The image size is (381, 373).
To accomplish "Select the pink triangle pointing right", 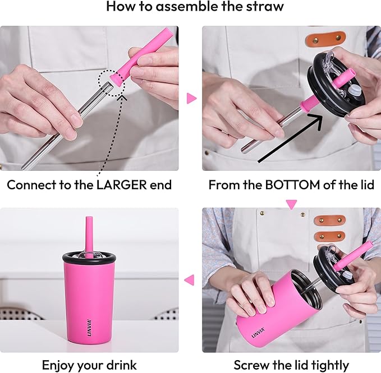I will [191, 99].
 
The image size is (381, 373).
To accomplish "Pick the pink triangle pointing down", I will [291, 204].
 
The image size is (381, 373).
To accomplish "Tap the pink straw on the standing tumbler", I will [89, 232].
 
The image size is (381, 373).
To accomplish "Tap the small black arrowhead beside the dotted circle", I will [125, 96].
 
